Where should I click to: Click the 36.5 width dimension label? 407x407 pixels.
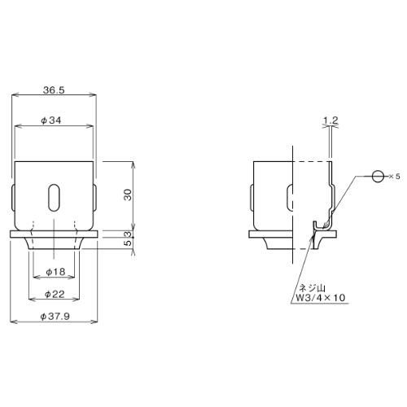tap(54, 90)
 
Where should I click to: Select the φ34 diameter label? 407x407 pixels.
tap(51, 120)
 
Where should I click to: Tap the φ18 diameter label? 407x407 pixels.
tap(55, 272)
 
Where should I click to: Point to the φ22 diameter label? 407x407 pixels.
tap(55, 294)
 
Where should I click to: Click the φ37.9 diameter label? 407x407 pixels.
tap(55, 317)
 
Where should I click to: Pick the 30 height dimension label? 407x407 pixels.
tap(128, 195)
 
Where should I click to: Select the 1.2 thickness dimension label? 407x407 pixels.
tap(330, 120)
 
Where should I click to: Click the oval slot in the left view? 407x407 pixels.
tap(54, 197)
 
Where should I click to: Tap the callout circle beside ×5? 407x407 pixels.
tap(378, 177)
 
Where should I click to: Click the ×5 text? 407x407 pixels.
tap(394, 177)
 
